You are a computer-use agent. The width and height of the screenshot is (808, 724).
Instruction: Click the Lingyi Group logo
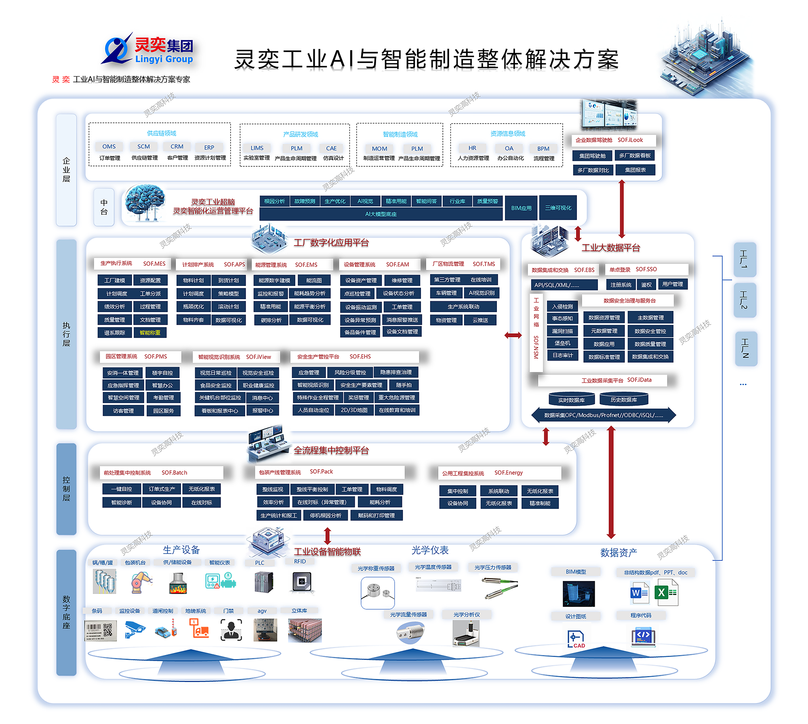[148, 50]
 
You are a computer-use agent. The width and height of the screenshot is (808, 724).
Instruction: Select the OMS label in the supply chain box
[109, 147]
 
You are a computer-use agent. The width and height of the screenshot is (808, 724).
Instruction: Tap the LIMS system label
[257, 148]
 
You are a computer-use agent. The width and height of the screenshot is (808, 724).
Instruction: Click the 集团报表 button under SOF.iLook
[635, 170]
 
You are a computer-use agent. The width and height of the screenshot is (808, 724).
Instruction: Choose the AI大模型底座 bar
[381, 214]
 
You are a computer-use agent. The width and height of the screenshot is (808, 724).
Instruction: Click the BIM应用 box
[521, 208]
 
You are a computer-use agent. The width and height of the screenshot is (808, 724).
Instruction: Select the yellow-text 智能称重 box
[150, 333]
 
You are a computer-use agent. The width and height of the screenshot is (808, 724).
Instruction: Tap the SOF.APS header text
[234, 264]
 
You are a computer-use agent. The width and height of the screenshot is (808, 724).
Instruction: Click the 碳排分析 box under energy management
[271, 320]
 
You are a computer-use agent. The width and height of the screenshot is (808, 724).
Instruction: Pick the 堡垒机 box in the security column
[562, 343]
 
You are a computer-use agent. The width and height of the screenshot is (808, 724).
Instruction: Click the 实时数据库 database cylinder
[571, 400]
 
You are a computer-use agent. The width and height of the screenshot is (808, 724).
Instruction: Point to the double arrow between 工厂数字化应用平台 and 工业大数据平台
[513, 335]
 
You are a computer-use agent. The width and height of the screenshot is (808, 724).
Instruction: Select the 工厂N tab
[745, 348]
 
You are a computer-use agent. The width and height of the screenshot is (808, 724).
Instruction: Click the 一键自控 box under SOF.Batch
[122, 489]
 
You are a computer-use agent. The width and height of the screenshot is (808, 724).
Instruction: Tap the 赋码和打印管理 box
[376, 516]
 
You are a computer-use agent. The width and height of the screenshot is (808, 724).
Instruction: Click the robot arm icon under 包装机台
[141, 582]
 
